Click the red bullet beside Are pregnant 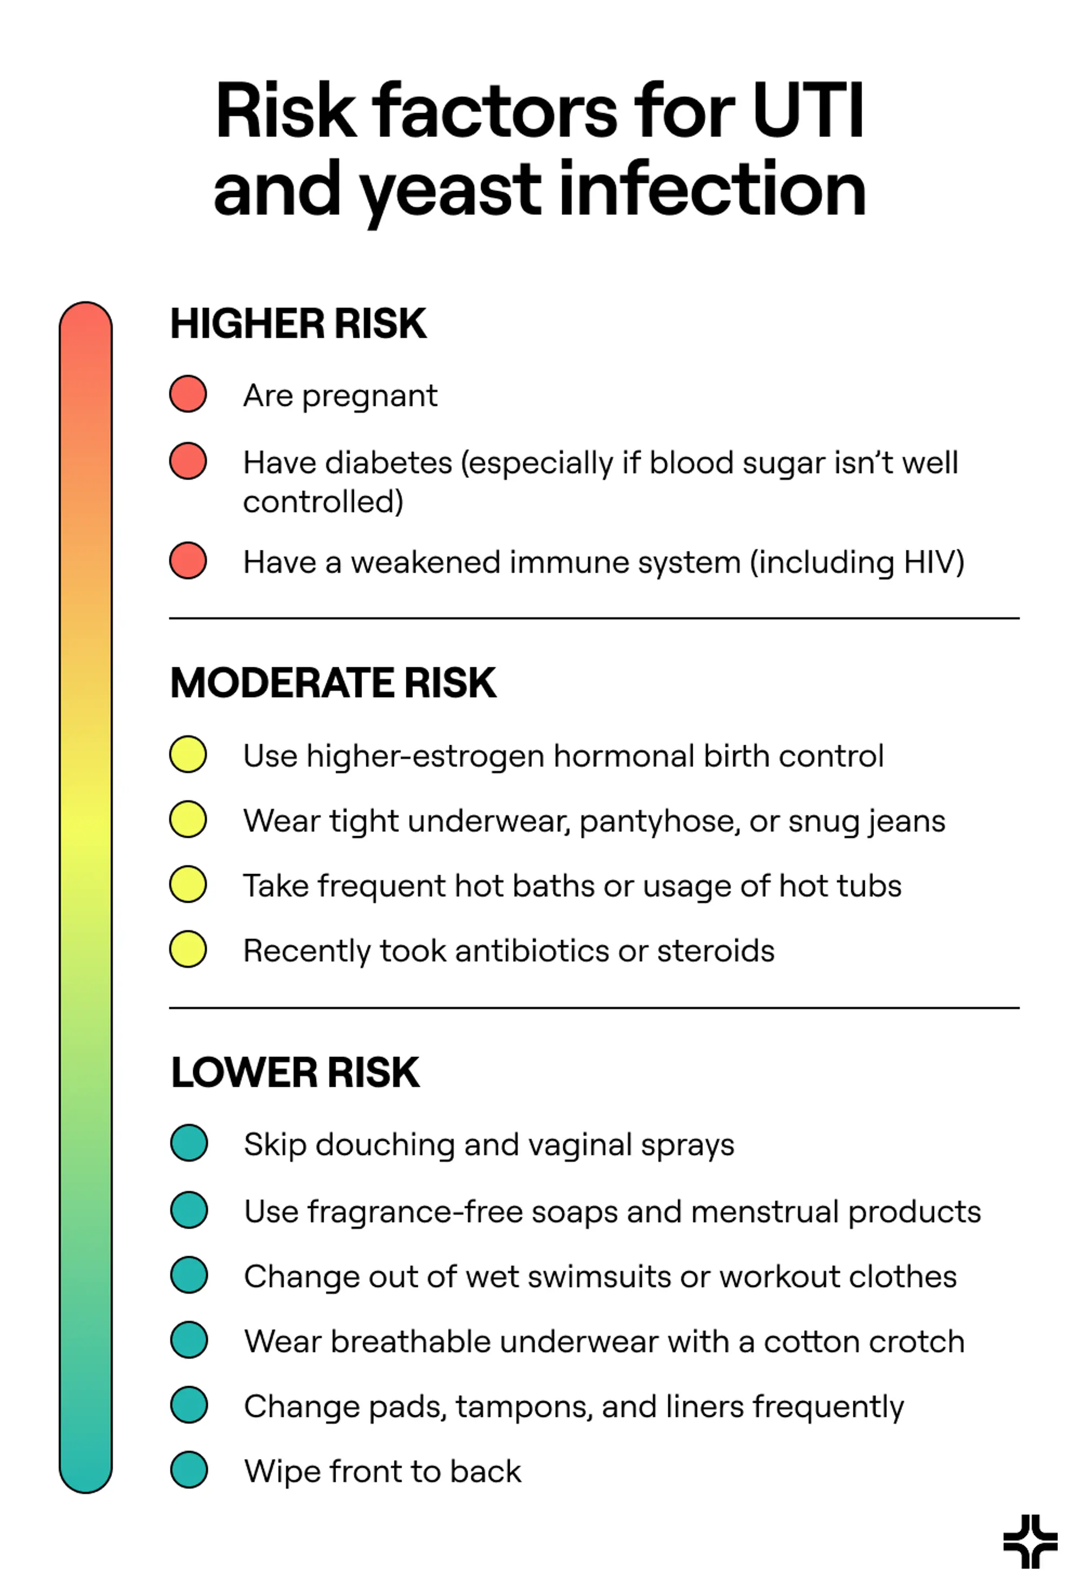point(188,394)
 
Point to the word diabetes point(388,463)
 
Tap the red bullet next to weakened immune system point(188,561)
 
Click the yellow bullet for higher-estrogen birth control point(188,754)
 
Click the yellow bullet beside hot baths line point(188,884)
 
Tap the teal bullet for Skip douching point(189,1143)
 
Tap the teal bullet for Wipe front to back point(189,1470)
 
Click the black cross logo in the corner point(1030,1542)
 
